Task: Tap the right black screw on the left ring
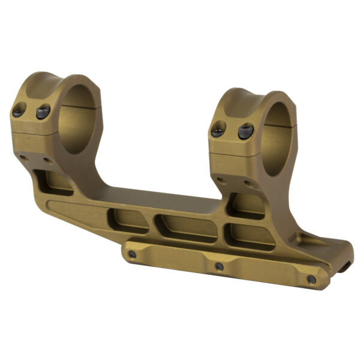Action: click(43, 112)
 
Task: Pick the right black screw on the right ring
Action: click(246, 131)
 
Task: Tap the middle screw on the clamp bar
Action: click(219, 266)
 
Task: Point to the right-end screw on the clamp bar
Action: click(311, 280)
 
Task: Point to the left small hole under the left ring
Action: click(23, 157)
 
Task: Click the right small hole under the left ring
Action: click(47, 161)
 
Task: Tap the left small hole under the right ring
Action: click(221, 179)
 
